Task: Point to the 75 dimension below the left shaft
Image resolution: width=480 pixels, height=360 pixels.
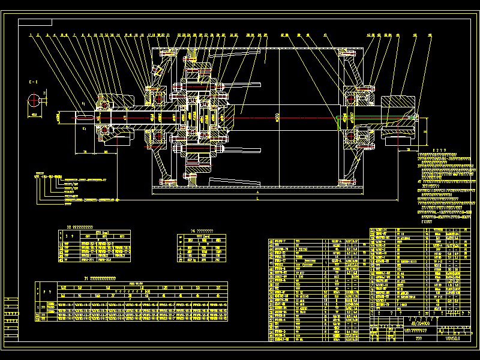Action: pos(85,153)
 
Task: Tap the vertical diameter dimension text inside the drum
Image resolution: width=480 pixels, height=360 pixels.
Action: pos(277,117)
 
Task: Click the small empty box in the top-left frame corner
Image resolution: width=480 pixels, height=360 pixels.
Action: pos(35,23)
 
